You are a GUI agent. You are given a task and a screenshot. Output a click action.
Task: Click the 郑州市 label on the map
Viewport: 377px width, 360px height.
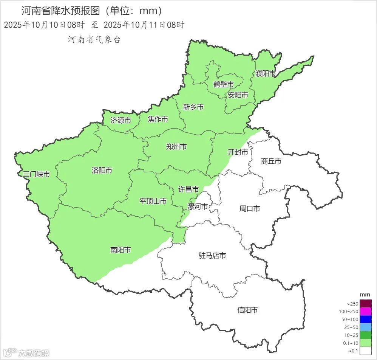pyautogui.click(x=176, y=147)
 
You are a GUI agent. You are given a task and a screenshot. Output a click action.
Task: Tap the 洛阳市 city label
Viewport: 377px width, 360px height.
pyautogui.click(x=102, y=170)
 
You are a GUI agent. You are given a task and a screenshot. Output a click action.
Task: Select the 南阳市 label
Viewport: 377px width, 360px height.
pyautogui.click(x=121, y=250)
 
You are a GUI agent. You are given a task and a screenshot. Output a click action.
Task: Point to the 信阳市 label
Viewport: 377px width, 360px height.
pyautogui.click(x=247, y=310)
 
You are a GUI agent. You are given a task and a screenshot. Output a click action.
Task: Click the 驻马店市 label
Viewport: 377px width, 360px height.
pyautogui.click(x=212, y=256)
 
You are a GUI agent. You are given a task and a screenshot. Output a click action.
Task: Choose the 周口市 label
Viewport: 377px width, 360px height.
pyautogui.click(x=250, y=208)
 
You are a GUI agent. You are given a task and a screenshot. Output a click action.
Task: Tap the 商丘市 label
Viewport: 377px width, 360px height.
pyautogui.click(x=271, y=161)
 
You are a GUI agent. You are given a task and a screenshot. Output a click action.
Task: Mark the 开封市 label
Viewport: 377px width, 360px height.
pyautogui.click(x=238, y=152)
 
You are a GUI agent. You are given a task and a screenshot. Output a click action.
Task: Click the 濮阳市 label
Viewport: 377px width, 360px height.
pyautogui.click(x=266, y=73)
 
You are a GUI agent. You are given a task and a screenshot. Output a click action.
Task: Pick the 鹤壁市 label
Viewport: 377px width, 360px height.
pyautogui.click(x=223, y=84)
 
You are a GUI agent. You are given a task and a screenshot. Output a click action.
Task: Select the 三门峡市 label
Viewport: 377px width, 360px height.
pyautogui.click(x=36, y=174)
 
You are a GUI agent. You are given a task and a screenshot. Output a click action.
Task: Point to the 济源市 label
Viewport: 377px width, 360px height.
pyautogui.click(x=121, y=121)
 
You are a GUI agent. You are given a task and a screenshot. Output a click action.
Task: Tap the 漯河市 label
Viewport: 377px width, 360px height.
pyautogui.click(x=198, y=207)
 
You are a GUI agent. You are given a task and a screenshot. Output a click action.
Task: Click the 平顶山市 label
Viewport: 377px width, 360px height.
pyautogui.click(x=153, y=201)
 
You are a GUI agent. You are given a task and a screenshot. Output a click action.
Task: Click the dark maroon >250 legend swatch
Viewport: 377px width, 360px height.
pyautogui.click(x=366, y=303)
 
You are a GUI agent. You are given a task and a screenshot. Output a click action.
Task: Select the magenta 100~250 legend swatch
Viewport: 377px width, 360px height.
pyautogui.click(x=366, y=311)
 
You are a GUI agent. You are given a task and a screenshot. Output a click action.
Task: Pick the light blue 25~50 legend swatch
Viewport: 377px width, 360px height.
pyautogui.click(x=366, y=327)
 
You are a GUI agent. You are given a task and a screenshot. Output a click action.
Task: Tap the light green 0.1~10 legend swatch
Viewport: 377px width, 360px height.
pyautogui.click(x=366, y=343)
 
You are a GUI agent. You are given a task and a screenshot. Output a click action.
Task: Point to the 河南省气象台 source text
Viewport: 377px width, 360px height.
pyautogui.click(x=94, y=39)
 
